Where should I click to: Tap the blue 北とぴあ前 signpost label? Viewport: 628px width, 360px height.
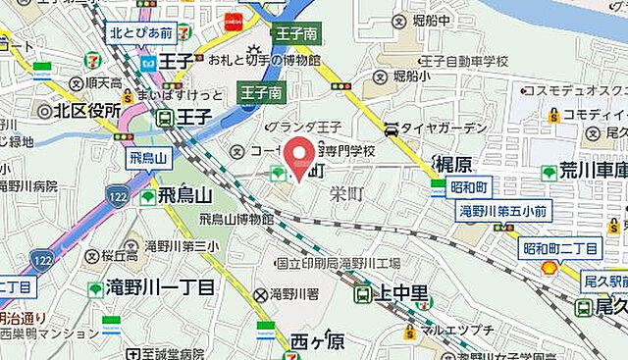click(x=141, y=32)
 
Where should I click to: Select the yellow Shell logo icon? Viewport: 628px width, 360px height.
click(x=549, y=266)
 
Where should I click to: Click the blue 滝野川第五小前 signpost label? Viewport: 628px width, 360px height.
click(x=504, y=210)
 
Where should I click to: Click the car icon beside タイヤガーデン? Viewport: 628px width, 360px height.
click(x=392, y=129)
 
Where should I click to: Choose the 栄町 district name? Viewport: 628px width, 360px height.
click(x=346, y=194)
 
